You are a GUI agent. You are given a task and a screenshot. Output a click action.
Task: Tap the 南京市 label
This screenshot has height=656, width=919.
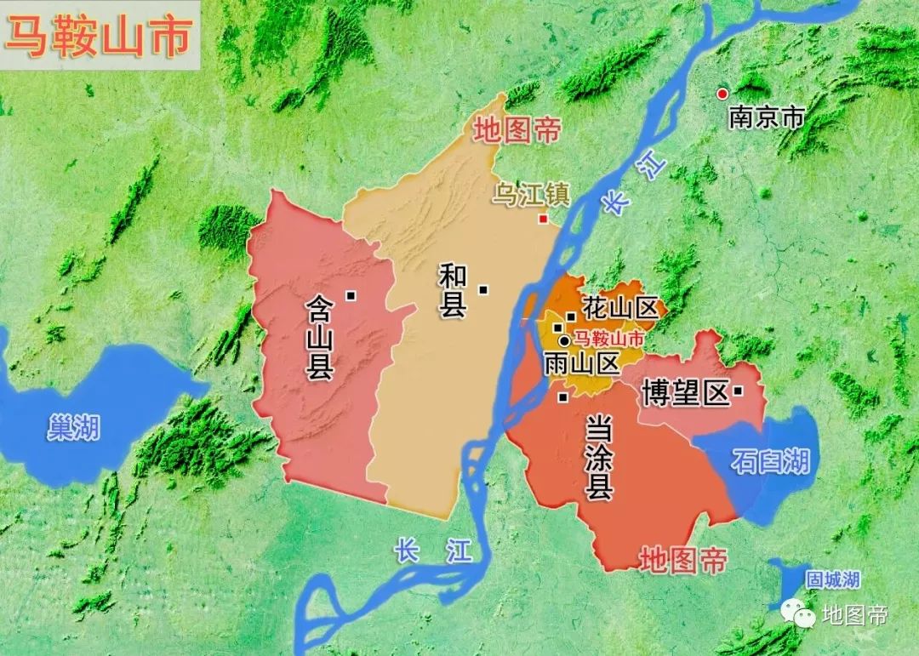(766, 117)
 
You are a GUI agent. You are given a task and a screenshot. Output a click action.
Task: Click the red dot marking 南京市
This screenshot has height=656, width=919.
(722, 94)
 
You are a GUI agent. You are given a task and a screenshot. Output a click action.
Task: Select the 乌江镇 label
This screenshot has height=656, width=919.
(531, 195)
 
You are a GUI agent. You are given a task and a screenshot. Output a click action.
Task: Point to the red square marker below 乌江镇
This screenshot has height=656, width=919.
(543, 219)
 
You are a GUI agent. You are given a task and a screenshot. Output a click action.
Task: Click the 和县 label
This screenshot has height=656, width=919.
(452, 290)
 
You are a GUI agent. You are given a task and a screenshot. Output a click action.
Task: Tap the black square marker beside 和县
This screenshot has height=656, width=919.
(483, 289)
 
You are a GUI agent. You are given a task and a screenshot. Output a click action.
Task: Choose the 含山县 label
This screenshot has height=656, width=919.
(322, 336)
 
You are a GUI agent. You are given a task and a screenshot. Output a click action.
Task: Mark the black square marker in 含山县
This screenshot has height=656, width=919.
(350, 295)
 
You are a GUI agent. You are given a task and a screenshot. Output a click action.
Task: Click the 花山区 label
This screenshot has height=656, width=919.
(622, 308)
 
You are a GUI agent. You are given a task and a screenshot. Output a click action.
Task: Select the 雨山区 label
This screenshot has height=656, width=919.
(582, 363)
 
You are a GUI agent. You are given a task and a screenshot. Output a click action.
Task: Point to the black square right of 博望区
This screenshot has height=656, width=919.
(738, 391)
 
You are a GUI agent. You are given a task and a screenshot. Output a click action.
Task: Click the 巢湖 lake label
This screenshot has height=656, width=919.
(73, 428)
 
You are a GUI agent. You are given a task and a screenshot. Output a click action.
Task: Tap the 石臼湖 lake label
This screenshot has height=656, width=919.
(770, 462)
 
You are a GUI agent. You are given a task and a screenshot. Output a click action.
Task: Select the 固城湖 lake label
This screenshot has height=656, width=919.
(833, 580)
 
